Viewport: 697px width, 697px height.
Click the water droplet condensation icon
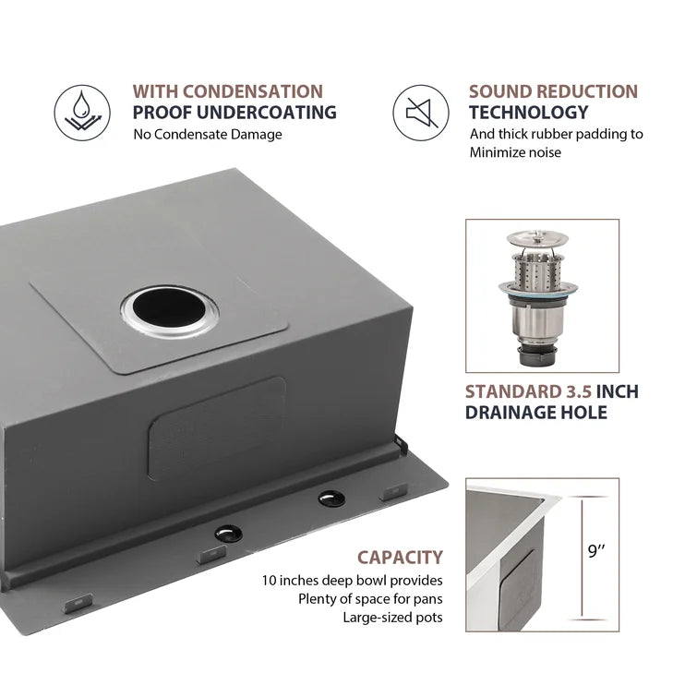tap(82, 113)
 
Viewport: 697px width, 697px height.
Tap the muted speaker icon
tap(421, 113)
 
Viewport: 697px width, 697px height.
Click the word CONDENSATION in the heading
tap(252, 91)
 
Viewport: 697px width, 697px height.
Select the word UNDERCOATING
tap(266, 113)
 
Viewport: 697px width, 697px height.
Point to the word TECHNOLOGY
tap(529, 113)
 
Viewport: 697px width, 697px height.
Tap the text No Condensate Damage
tap(208, 134)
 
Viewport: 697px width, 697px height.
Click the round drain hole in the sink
tap(169, 311)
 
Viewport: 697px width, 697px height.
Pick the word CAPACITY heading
tap(400, 558)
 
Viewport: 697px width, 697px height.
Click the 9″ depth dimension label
tap(596, 551)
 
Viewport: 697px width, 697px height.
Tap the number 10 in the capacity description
tap(270, 581)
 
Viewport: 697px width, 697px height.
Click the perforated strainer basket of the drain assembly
tap(537, 269)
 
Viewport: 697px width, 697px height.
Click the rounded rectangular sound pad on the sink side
tap(217, 428)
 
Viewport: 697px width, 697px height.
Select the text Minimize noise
tap(515, 152)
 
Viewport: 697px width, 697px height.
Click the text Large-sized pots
tap(392, 618)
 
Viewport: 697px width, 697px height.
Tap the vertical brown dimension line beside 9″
tap(583, 558)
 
